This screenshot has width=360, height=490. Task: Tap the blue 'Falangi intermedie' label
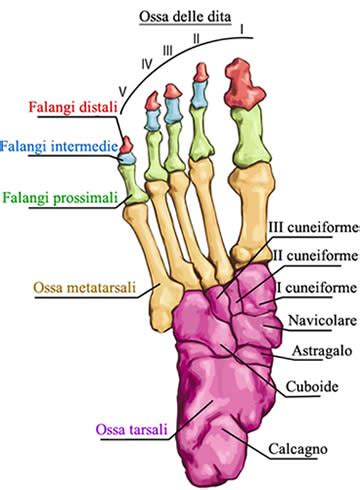click(x=55, y=147)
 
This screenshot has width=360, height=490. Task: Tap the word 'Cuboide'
click(x=305, y=387)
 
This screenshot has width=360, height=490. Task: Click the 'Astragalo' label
click(x=309, y=354)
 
